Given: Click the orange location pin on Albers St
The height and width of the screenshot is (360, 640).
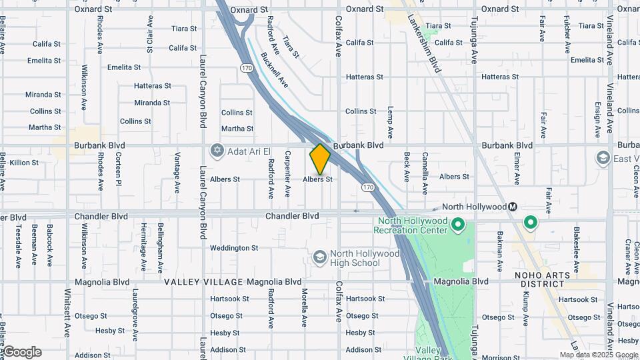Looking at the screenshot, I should (x=320, y=159).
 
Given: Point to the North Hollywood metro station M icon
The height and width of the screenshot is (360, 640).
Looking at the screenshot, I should (x=512, y=207).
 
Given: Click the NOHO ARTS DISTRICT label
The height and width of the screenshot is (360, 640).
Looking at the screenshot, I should (x=542, y=280).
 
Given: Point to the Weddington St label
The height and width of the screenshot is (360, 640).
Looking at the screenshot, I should (x=234, y=248).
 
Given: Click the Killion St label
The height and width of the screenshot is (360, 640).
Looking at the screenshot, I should (x=25, y=163).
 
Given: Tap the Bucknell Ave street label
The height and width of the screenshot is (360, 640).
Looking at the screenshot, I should (x=275, y=71).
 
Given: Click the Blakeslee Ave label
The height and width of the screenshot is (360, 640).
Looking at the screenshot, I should (x=577, y=243).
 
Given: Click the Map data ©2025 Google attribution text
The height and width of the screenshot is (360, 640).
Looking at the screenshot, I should (x=598, y=355).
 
